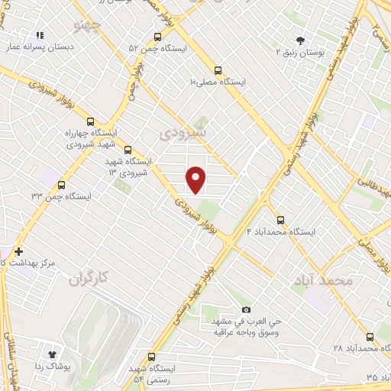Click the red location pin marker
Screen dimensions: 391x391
pos(196,179)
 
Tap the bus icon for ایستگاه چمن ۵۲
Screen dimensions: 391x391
pos(158,36)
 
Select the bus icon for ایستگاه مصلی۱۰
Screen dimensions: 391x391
pos(218,67)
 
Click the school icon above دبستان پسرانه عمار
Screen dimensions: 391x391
pos(40,35)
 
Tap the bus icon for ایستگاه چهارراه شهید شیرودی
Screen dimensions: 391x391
pos(91,121)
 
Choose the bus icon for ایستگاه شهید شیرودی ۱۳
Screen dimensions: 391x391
pos(128,150)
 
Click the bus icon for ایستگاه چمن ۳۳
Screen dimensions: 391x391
pos(61,184)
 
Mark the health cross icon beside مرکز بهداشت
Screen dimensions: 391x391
pos(18,251)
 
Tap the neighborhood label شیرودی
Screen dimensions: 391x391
pos(183,134)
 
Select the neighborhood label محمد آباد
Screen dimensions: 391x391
pos(323,281)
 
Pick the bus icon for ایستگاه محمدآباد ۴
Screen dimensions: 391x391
pos(281,219)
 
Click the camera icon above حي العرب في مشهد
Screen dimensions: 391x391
pos(246,309)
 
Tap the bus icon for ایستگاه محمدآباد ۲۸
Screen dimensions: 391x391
pos(370,336)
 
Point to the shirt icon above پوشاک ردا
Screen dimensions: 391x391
pos(53,354)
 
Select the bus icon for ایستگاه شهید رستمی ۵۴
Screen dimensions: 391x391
pos(151,357)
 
